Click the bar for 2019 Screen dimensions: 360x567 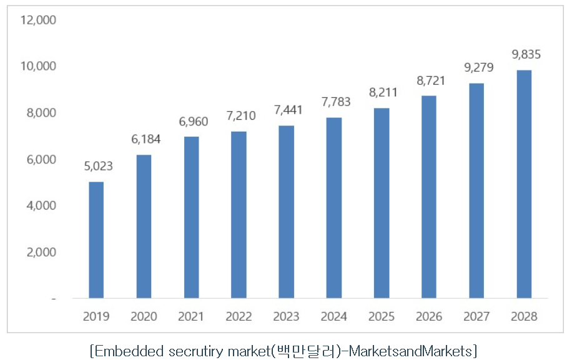point(96,240)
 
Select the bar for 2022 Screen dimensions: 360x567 point(239,215)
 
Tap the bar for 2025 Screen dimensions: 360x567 point(381,203)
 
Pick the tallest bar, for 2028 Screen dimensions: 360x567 point(523,184)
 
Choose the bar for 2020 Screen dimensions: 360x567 point(144,226)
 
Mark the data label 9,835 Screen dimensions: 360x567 point(526,55)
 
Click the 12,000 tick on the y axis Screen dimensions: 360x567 point(39,20)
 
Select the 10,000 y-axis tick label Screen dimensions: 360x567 point(39,66)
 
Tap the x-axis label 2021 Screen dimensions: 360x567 point(191,316)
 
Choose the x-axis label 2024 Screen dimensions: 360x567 point(333,316)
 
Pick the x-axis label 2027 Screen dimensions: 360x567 point(476,316)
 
